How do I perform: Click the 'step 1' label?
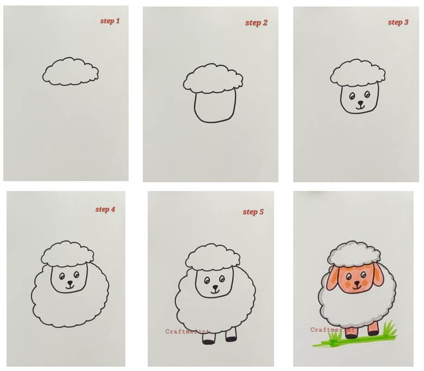tap(110, 21)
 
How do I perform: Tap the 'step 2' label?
tap(256, 23)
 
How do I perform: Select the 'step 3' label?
tap(398, 22)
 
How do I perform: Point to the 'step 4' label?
tap(105, 210)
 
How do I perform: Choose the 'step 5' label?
tap(253, 212)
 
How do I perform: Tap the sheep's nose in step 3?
tap(360, 103)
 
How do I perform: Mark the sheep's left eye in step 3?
tap(352, 96)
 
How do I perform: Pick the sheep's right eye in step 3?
tap(367, 94)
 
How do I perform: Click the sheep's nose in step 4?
tap(70, 283)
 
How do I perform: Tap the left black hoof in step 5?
tap(209, 342)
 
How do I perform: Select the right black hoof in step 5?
tap(231, 339)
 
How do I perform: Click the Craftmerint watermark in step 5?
tap(187, 332)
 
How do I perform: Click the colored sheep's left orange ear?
tap(332, 278)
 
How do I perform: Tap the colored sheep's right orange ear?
tap(378, 274)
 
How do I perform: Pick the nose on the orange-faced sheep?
tap(357, 283)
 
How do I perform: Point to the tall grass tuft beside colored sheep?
tap(389, 328)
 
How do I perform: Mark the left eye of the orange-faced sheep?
tap(349, 277)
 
